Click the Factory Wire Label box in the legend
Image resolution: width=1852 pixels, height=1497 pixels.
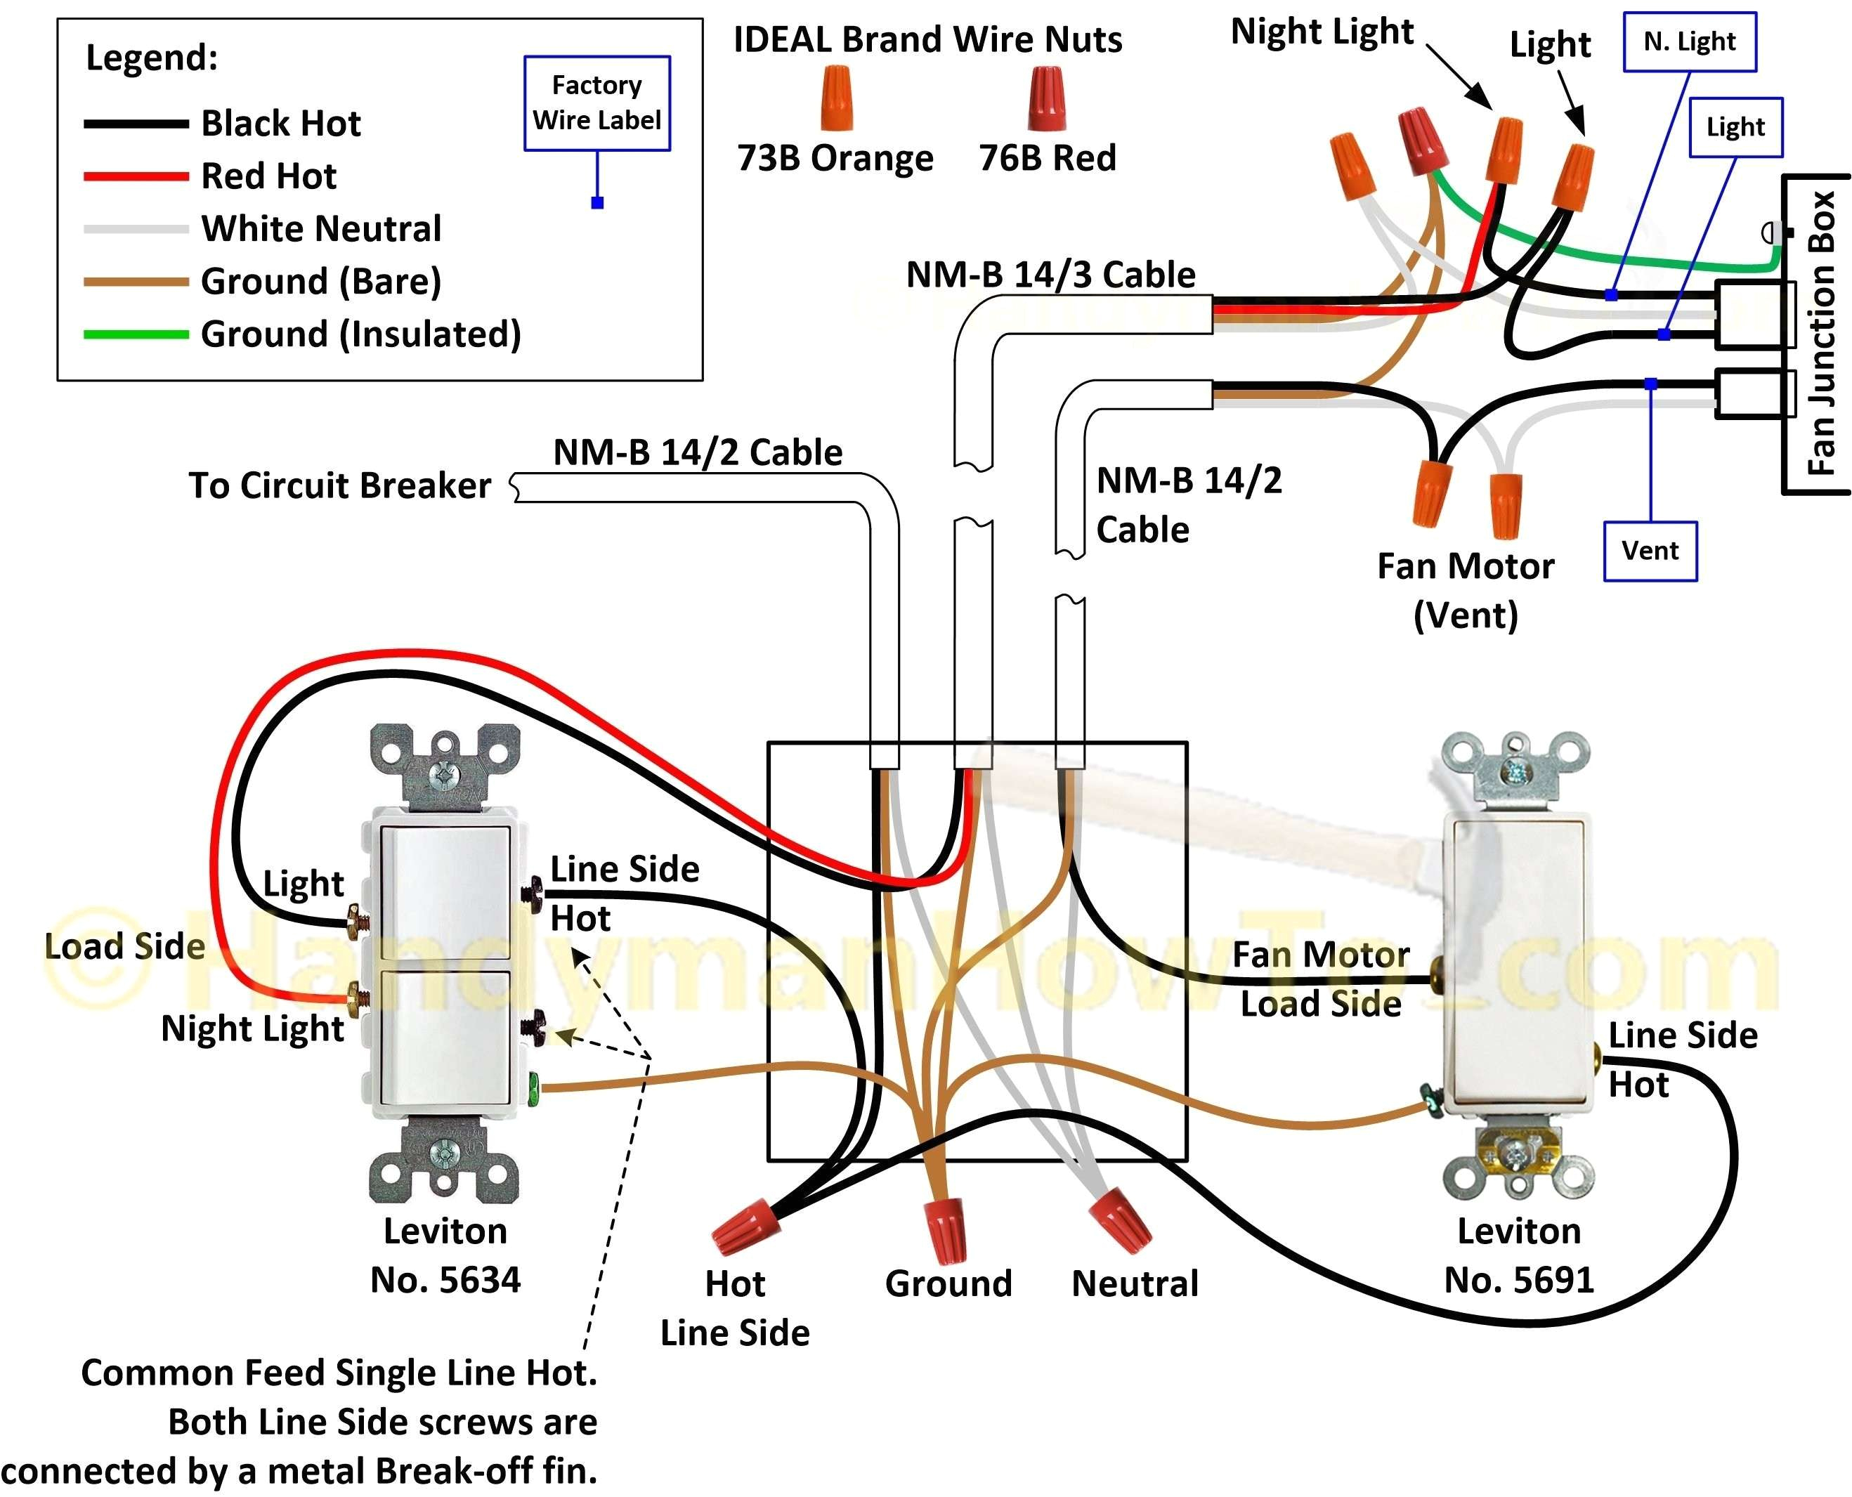point(596,103)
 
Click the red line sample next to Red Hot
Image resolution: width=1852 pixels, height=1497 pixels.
point(136,176)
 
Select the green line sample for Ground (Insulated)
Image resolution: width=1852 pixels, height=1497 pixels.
point(136,334)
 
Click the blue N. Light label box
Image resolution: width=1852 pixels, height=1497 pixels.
point(1689,41)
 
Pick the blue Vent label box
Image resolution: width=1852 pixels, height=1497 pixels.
point(1650,551)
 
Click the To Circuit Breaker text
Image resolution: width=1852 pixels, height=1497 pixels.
point(340,485)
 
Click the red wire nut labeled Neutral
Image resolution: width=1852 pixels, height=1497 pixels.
point(1120,1219)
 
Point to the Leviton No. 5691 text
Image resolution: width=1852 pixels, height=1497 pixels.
point(1518,1255)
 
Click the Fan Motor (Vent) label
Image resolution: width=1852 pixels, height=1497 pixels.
point(1465,591)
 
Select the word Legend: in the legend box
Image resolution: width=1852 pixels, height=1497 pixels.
point(152,58)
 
